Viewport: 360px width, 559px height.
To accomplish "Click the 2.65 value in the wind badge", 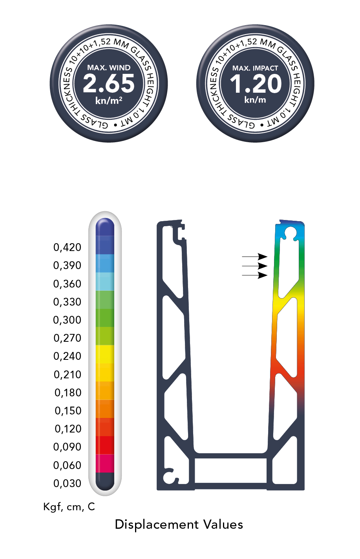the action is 108,84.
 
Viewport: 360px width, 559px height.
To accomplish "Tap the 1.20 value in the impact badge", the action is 256,84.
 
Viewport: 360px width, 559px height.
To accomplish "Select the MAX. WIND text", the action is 109,68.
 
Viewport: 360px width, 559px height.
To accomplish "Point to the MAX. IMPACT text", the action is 255,68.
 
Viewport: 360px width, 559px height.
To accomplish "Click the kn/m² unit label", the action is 109,101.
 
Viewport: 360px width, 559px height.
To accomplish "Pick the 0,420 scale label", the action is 68,247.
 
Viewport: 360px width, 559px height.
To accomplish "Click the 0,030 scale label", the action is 68,484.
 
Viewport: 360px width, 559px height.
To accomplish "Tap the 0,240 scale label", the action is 68,356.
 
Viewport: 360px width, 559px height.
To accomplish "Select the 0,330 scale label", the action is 68,302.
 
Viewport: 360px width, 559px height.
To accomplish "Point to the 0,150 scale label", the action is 68,411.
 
